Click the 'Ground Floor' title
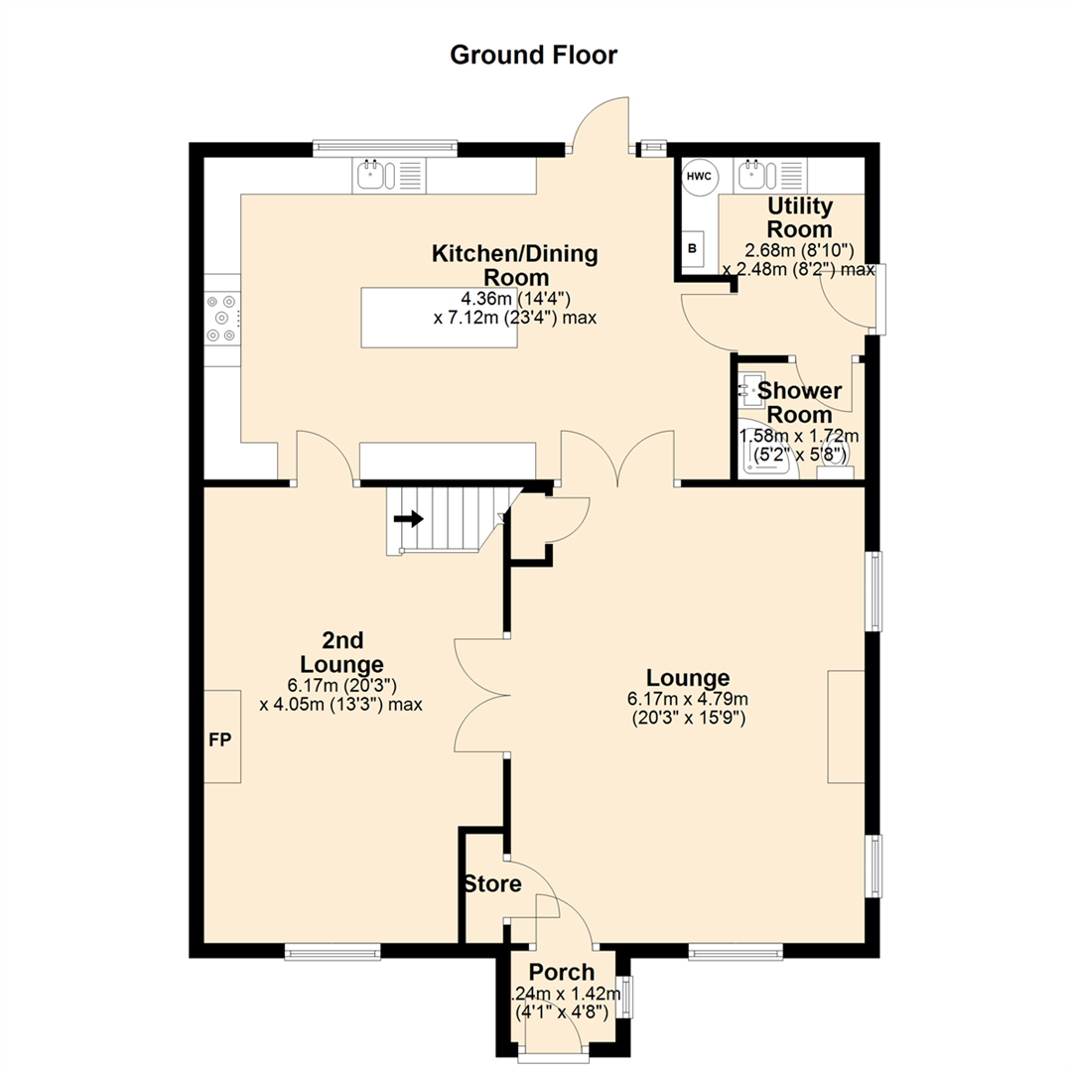click(x=534, y=55)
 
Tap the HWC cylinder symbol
click(x=699, y=176)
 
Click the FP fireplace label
click(x=220, y=739)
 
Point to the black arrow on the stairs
click(x=408, y=518)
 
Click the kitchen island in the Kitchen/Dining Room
click(x=440, y=317)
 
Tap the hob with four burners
click(x=222, y=317)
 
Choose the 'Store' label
click(x=491, y=883)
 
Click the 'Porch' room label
click(x=561, y=972)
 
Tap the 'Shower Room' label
click(x=800, y=402)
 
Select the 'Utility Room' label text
click(x=800, y=217)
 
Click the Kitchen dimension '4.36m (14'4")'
click(x=514, y=298)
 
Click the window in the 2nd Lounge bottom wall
click(x=334, y=951)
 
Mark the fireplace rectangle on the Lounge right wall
click(x=847, y=727)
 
